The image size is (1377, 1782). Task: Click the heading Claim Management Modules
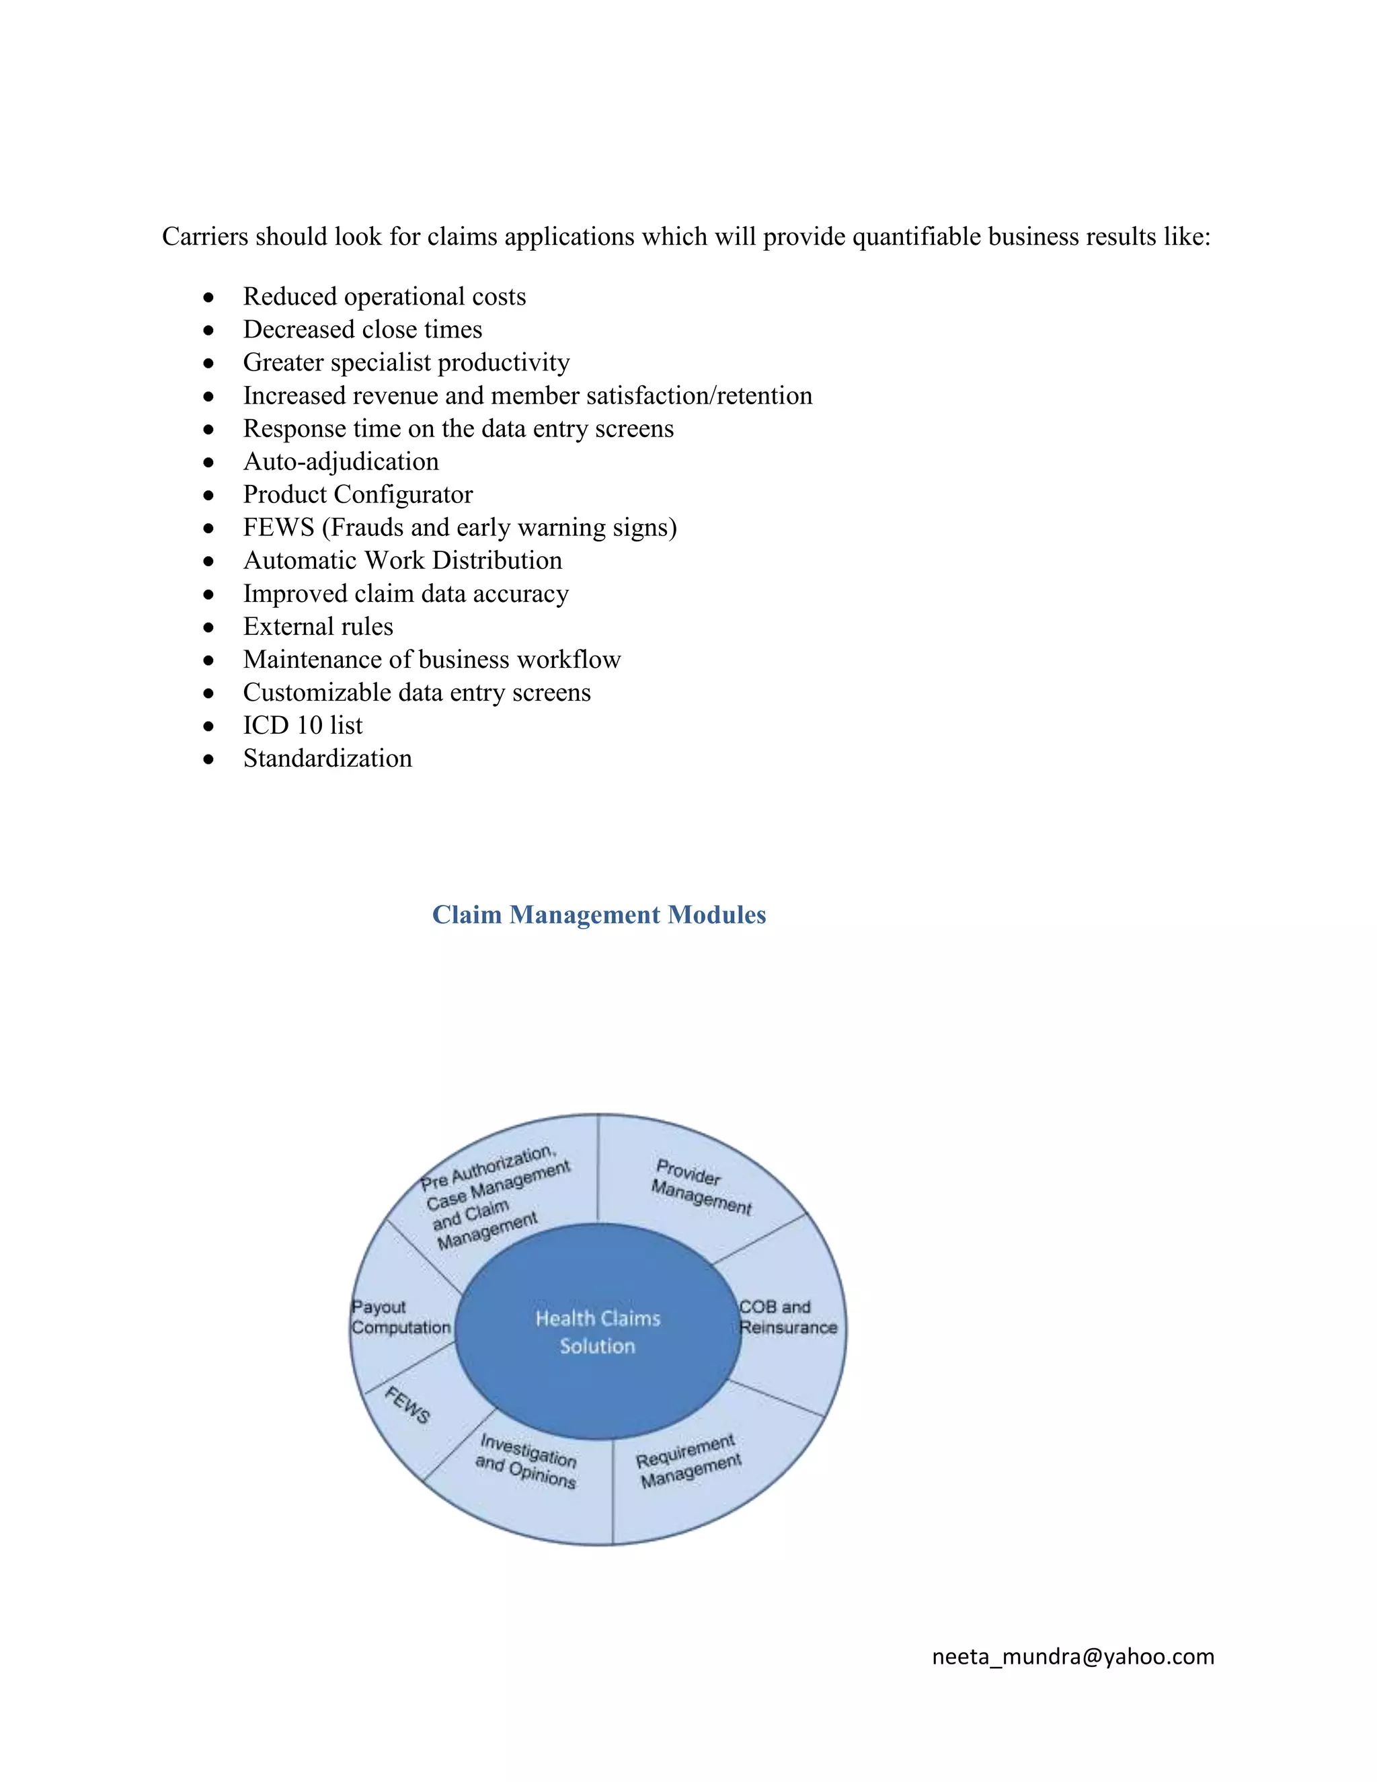point(599,915)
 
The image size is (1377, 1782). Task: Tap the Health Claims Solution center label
point(598,1331)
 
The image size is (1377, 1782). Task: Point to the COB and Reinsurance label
point(787,1317)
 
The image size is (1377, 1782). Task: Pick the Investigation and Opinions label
point(527,1461)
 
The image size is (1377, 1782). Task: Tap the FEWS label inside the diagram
point(407,1405)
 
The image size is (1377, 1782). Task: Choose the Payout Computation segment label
point(401,1317)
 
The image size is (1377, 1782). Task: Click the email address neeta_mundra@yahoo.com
point(1072,1656)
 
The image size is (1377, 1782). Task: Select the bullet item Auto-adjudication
point(341,462)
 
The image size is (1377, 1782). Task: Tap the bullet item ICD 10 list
point(303,726)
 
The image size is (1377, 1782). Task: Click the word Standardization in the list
point(327,759)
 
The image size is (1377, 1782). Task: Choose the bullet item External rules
point(318,627)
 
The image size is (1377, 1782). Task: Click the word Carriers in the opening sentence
point(205,237)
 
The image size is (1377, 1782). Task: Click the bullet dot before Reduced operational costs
point(210,298)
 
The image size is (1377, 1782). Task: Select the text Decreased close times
point(362,330)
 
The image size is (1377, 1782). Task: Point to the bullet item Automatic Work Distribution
point(402,561)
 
